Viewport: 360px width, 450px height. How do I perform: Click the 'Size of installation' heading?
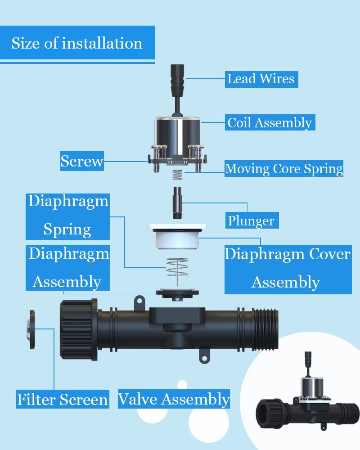point(77,43)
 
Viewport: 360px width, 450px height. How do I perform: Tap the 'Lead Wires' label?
point(261,79)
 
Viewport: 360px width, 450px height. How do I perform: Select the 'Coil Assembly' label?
point(270,122)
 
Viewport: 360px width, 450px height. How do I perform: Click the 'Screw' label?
point(82,161)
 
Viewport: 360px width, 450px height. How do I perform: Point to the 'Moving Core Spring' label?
point(283,169)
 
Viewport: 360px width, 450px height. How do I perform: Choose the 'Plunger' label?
point(251,220)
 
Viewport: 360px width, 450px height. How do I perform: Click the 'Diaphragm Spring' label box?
point(68,216)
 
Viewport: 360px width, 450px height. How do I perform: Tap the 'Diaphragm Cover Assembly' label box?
point(287,268)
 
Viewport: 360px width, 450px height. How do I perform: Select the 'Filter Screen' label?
point(63,399)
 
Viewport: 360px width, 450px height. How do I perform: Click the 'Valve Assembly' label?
point(174,399)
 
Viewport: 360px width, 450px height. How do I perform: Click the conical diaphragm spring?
point(177,270)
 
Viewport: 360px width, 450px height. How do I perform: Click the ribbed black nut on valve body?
point(78,330)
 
